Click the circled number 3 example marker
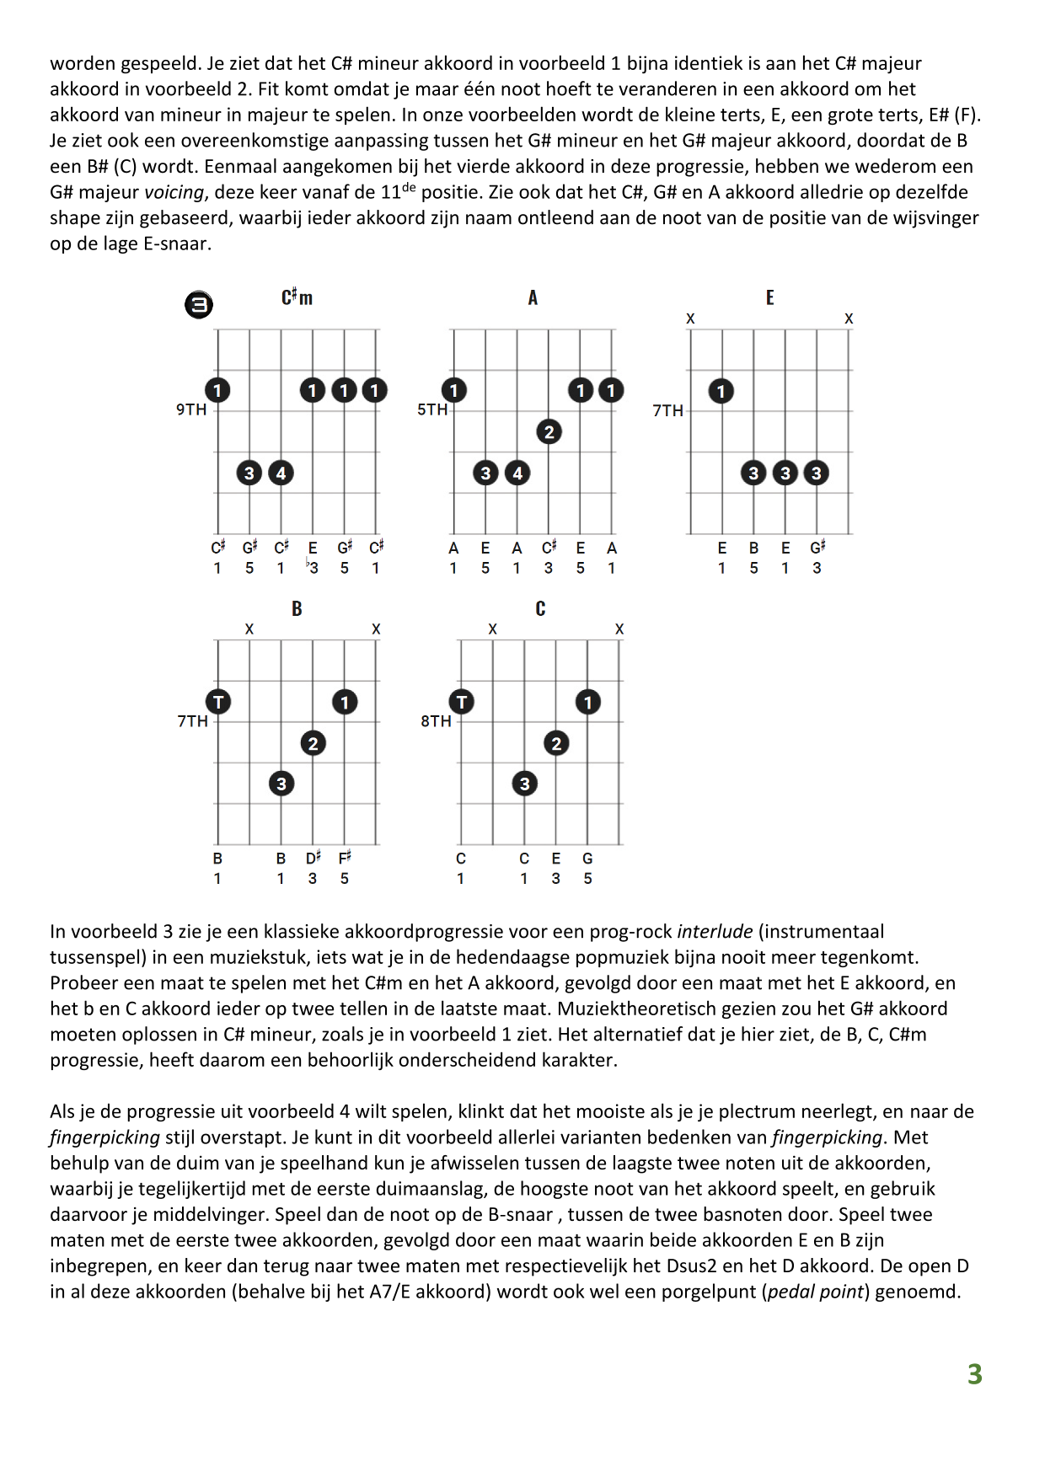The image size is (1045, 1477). point(199,304)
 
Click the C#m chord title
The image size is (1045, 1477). point(297,297)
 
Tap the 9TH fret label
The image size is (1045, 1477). point(191,409)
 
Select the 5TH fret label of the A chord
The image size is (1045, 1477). point(432,409)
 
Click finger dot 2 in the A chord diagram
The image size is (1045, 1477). point(549,432)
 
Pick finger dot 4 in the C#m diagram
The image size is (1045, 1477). point(281,473)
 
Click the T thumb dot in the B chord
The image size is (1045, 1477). point(218,702)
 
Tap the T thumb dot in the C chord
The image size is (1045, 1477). point(461,702)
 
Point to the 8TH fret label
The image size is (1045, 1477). point(436,721)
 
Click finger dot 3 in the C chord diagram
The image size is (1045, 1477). point(524,784)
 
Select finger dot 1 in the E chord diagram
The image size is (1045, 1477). point(721,391)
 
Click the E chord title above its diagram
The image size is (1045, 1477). point(769,297)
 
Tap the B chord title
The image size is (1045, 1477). point(297,608)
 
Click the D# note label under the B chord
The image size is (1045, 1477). point(313,858)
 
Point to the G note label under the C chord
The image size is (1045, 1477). point(587,859)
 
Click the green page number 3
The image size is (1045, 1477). point(974,1374)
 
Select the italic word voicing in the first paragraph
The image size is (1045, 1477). point(174,192)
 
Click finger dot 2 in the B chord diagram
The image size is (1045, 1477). point(313,743)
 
